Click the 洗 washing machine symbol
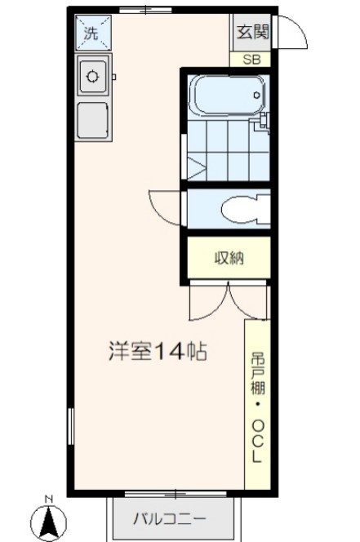click(92, 35)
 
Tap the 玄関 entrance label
click(251, 33)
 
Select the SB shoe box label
click(251, 59)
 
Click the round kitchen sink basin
click(92, 78)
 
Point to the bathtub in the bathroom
click(227, 96)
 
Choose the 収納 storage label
click(229, 259)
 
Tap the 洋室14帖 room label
click(157, 352)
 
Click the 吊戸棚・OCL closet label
click(257, 405)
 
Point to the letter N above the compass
click(48, 499)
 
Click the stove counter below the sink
click(92, 119)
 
